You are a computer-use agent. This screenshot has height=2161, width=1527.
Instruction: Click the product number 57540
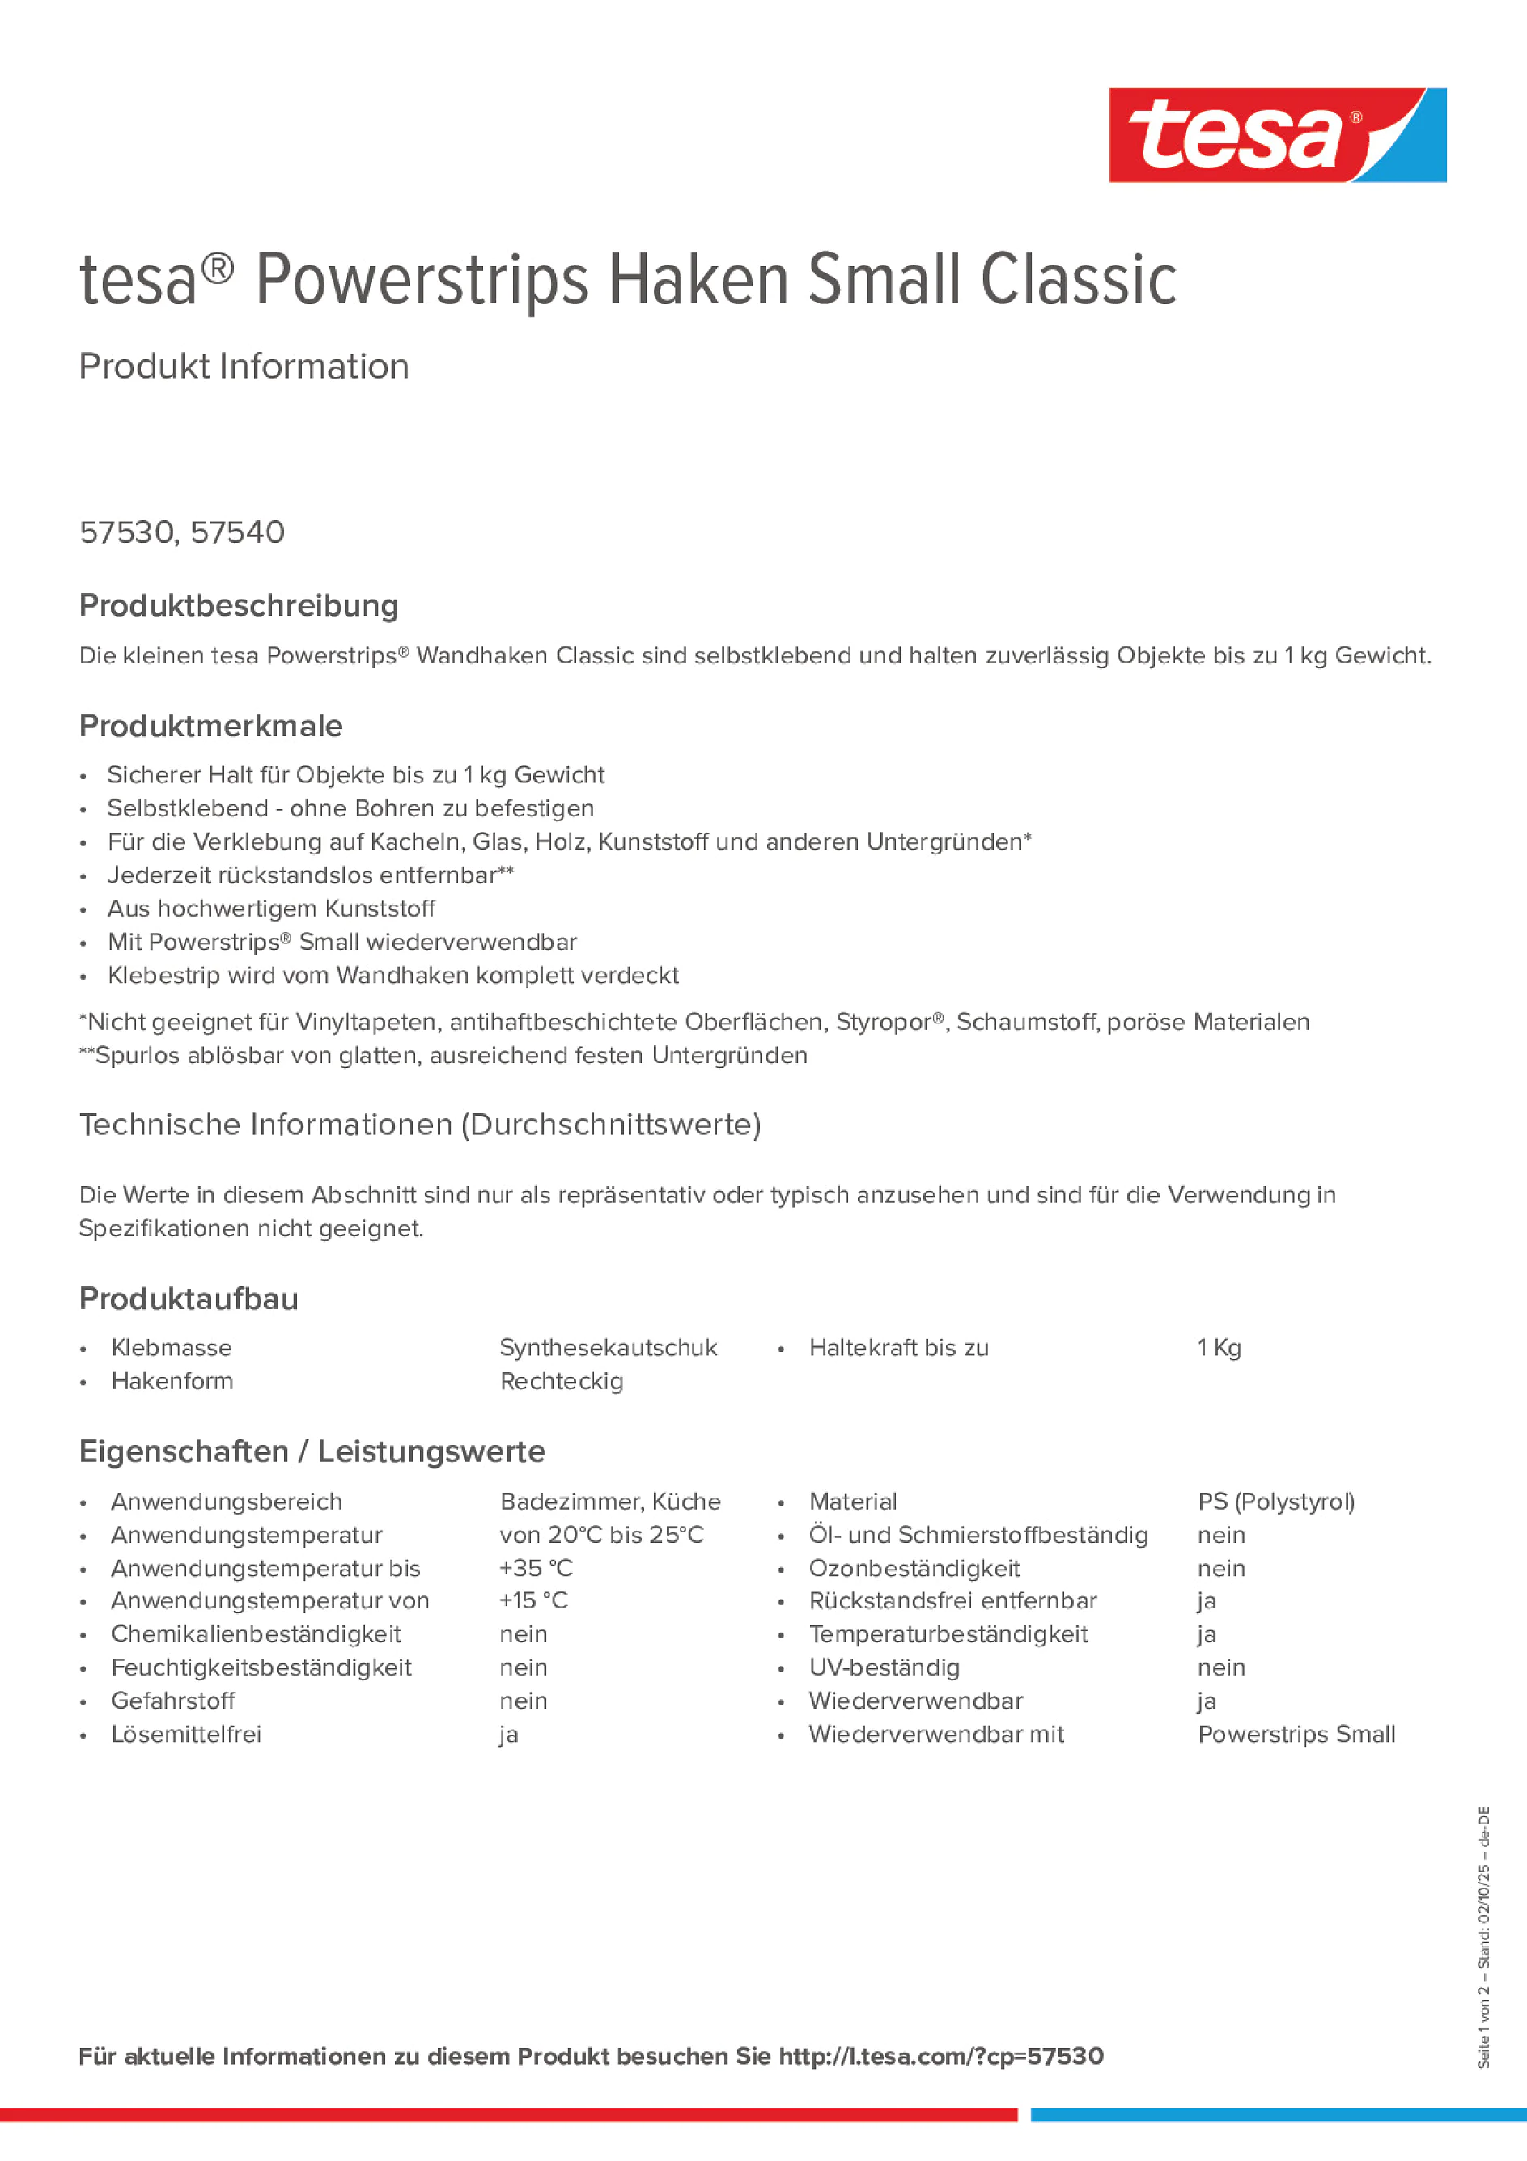237,532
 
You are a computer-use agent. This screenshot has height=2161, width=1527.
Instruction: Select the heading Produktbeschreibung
239,605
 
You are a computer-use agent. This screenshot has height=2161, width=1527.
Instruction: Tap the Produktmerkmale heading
211,726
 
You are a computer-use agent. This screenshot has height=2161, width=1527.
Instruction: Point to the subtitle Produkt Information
244,367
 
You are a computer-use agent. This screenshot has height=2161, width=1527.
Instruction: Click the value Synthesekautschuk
609,1348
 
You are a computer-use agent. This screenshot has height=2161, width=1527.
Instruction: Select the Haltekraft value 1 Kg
1219,1348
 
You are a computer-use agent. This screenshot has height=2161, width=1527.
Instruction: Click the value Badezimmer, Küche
610,1502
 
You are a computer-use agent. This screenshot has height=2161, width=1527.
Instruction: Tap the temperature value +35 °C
536,1568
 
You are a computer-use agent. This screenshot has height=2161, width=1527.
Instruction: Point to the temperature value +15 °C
534,1600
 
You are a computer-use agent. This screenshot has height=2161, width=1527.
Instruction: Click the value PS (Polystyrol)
1275,1502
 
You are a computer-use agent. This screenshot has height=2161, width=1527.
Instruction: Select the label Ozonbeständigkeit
914,1568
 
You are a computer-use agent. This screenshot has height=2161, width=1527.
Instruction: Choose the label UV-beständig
884,1667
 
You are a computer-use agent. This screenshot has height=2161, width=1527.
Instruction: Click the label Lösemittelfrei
186,1734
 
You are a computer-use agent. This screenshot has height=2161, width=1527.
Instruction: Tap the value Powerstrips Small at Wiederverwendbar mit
1296,1734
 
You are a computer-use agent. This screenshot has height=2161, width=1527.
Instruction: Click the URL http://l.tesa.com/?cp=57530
940,2056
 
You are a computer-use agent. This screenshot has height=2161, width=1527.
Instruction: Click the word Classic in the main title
1078,280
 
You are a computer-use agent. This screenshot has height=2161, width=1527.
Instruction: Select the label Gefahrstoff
173,1701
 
